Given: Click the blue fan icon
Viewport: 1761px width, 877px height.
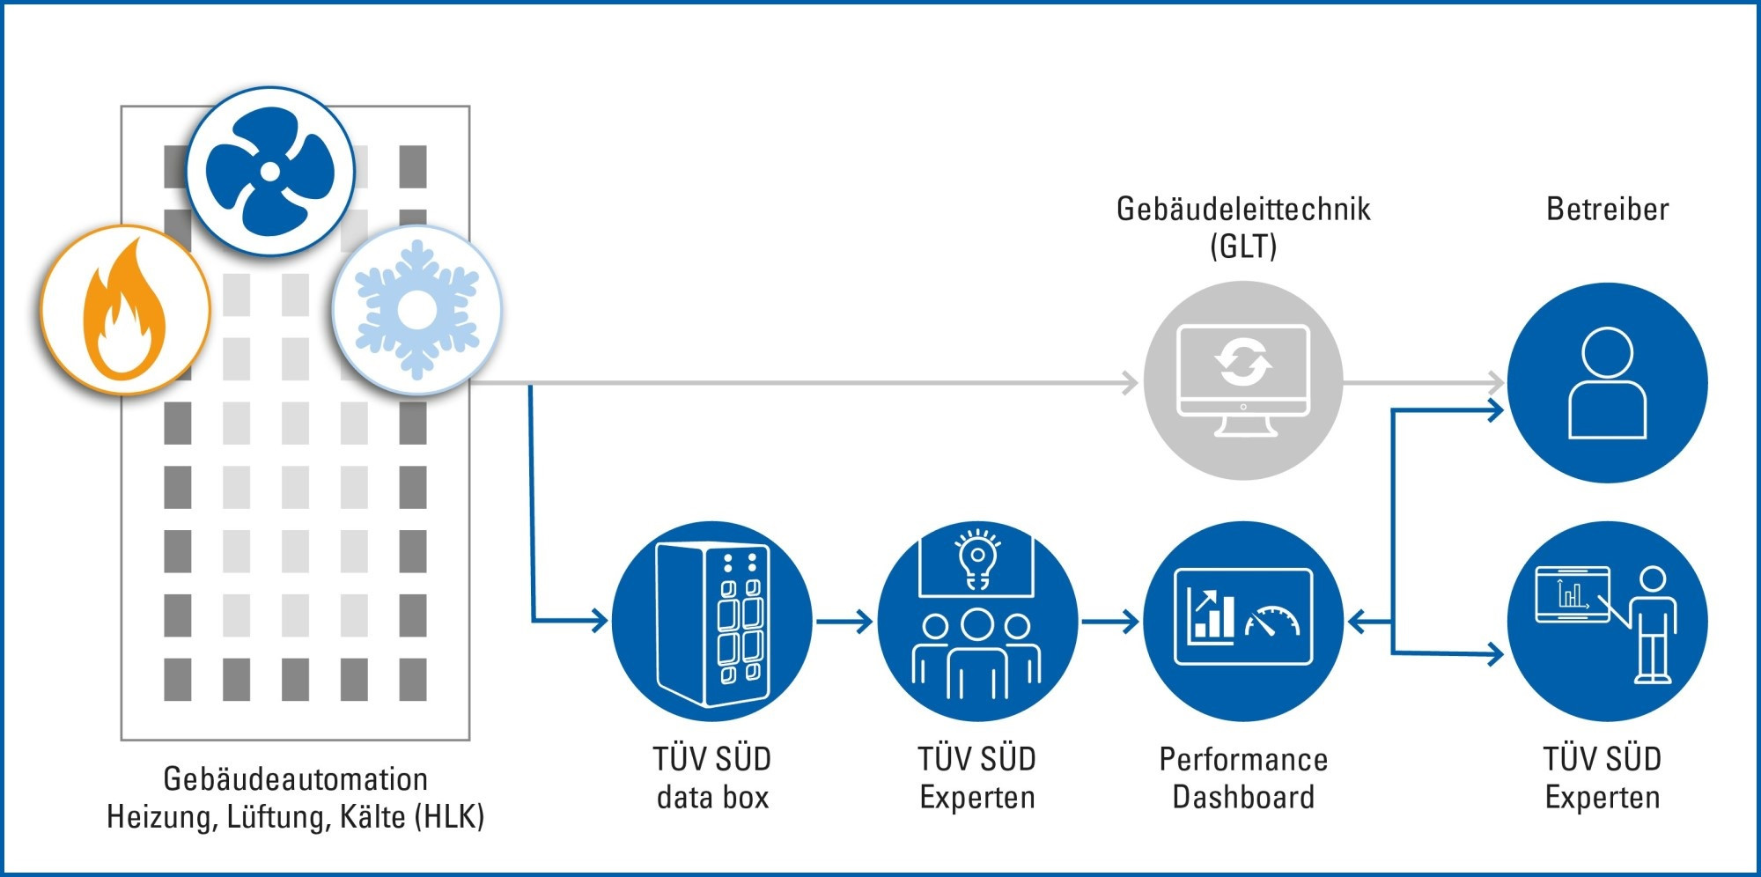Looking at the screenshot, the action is point(270,171).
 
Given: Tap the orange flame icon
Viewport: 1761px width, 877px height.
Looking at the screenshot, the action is point(125,310).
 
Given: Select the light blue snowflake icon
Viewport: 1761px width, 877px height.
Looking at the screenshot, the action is point(416,309).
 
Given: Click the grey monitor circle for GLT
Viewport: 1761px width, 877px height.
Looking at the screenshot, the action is point(1243,380).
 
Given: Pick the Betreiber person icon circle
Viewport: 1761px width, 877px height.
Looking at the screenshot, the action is point(1607,382).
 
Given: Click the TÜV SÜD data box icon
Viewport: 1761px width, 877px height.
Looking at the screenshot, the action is point(711,622).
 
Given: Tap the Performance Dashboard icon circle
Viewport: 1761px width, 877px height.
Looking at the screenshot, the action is point(1243,622).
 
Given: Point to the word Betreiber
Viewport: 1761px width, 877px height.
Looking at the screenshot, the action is point(1607,210).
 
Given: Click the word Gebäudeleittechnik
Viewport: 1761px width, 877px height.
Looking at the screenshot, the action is point(1243,210).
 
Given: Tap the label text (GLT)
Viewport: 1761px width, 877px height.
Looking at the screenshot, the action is point(1243,246).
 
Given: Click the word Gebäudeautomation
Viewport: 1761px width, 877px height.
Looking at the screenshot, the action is point(296,779).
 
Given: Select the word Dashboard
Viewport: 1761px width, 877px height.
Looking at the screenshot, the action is point(1243,797).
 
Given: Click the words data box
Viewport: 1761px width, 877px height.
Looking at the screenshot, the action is point(713,797).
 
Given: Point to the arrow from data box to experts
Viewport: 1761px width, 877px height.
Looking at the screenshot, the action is point(844,622).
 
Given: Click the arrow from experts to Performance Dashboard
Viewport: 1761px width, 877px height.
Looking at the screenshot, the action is point(1110,622).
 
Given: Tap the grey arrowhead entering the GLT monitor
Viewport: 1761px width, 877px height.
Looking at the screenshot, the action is point(1130,383).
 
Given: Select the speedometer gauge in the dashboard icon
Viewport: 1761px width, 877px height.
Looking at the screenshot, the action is point(1272,621).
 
